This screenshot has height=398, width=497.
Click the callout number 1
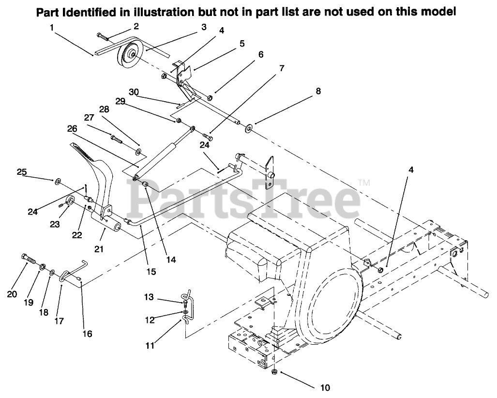pos(51,28)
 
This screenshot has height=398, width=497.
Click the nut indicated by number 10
pos(274,372)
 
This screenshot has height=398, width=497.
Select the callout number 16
pos(87,334)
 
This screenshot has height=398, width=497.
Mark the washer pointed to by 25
pos(58,181)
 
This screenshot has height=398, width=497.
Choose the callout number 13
pos(148,296)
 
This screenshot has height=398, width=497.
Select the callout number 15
pos(151,272)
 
